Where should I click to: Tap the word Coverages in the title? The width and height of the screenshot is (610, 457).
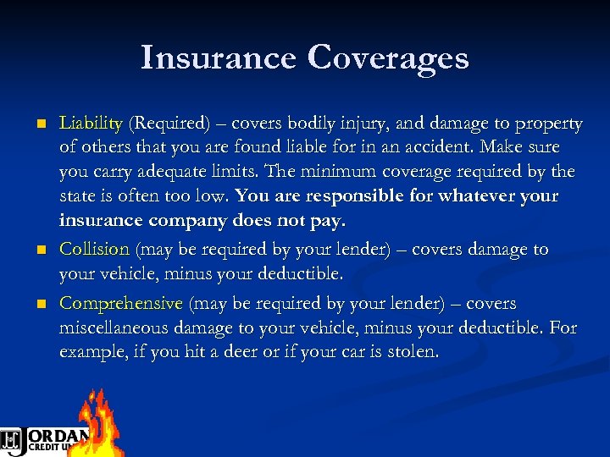388,58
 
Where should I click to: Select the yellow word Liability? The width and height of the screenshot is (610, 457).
91,124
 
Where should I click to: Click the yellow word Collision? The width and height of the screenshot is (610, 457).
94,250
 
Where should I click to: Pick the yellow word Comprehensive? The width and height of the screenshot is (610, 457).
121,303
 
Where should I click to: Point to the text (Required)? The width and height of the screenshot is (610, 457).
169,124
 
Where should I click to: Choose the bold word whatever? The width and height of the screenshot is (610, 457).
474,195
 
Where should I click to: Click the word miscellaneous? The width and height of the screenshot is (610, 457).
114,327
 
